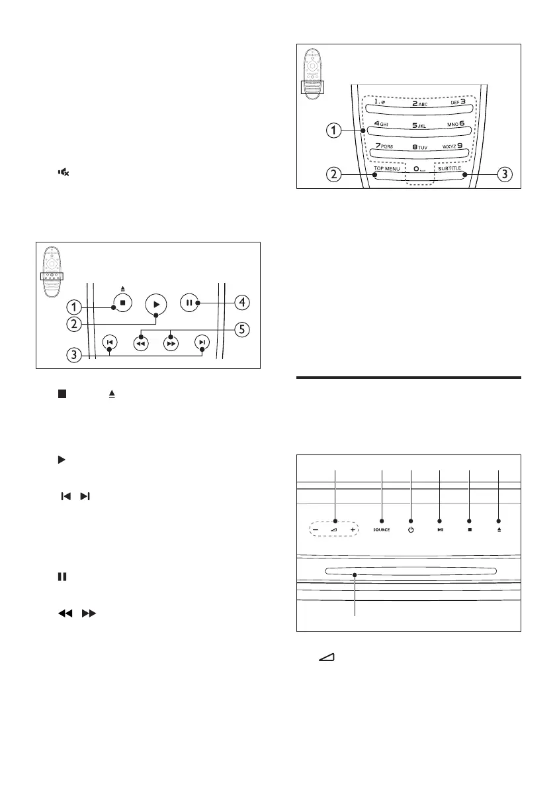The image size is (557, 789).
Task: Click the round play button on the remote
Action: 156,304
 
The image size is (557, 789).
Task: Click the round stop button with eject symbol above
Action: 122,304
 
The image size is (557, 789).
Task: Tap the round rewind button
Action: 140,343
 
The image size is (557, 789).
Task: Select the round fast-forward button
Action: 171,343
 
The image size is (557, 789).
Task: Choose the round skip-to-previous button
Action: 110,342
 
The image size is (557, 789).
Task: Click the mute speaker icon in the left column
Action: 64,172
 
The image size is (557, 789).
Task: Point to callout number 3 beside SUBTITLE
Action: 504,175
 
